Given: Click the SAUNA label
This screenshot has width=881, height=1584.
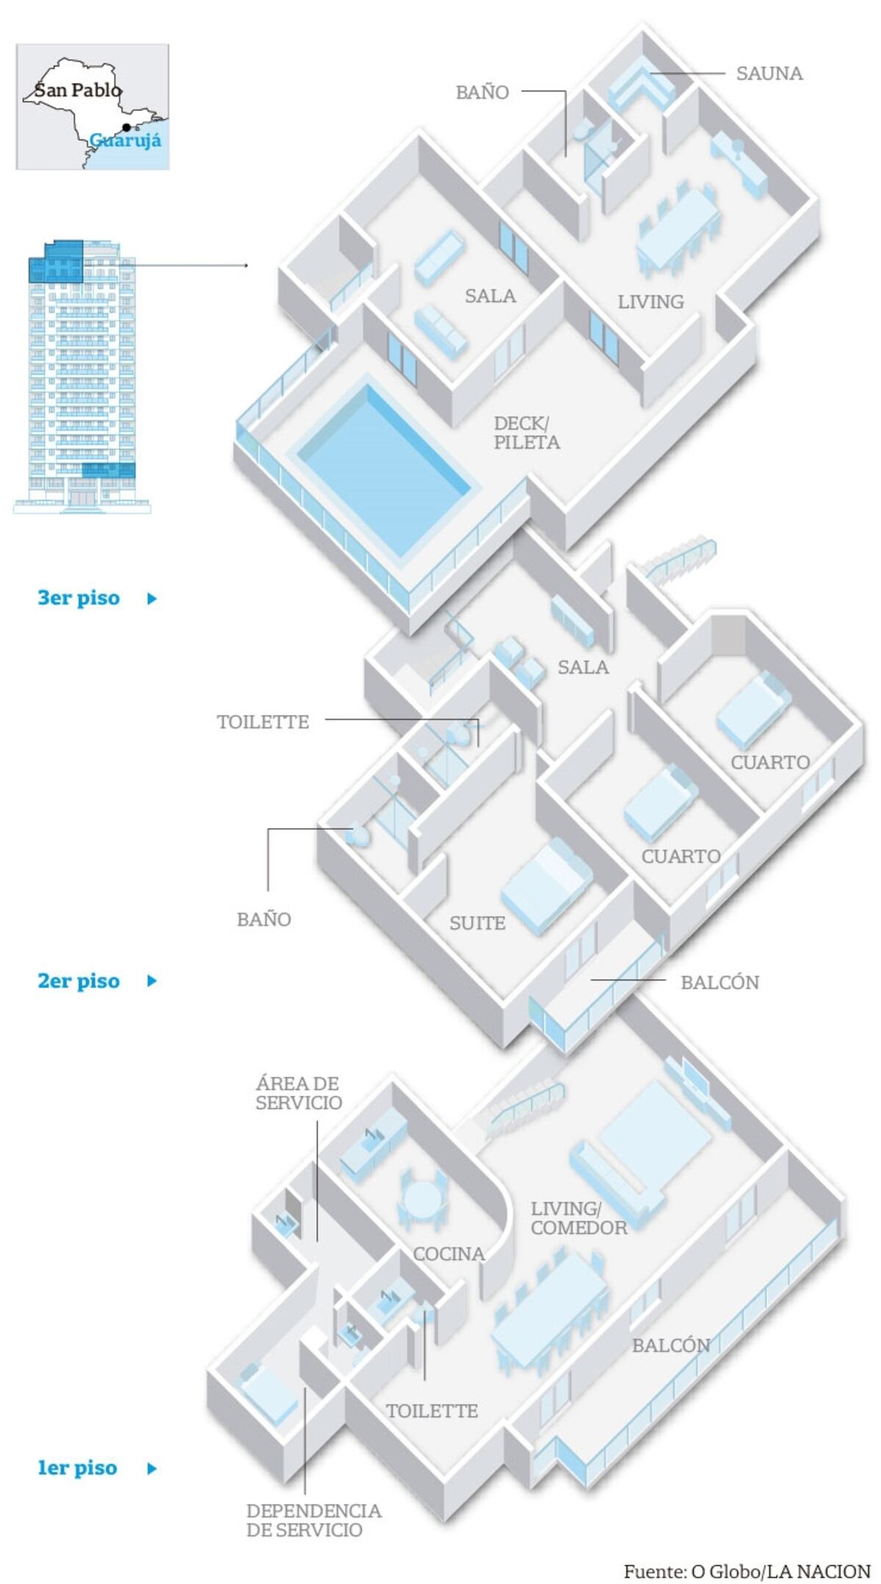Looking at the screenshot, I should (769, 73).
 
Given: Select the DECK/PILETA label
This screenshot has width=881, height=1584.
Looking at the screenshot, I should (526, 433).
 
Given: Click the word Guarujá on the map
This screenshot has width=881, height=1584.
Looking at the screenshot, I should (126, 139).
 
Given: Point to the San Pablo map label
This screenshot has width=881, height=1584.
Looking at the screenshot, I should (78, 90).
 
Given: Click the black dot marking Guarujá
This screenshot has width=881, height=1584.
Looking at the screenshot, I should (127, 128).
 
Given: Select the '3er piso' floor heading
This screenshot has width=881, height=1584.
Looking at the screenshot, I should (79, 597).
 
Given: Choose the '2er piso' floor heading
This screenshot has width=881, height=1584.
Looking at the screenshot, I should (79, 981).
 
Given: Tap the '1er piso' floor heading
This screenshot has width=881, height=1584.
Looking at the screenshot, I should (78, 1467).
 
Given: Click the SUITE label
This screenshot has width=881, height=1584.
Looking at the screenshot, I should (477, 923).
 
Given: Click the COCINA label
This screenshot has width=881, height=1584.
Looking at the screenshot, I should (449, 1254).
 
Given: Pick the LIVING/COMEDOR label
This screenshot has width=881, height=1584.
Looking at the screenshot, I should (579, 1218).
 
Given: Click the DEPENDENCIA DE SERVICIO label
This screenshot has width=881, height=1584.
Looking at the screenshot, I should (313, 1520).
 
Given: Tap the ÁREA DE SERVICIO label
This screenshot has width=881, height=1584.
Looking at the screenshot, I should (298, 1093).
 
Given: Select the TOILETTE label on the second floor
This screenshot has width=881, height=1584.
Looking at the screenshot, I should (263, 722).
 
